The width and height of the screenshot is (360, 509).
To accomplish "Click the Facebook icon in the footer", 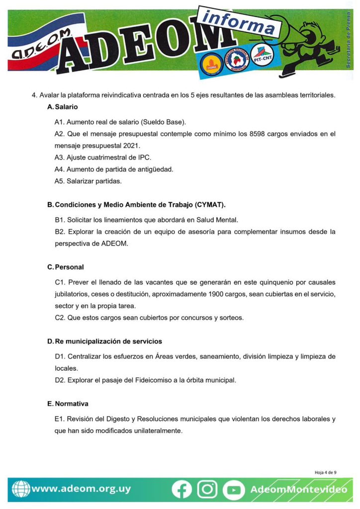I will pos(182,490).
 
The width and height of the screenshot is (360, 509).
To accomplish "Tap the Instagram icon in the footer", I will pos(207,490).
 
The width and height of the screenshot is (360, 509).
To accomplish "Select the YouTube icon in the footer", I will pos(233,490).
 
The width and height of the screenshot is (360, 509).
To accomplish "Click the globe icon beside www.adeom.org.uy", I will pos(20,489).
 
